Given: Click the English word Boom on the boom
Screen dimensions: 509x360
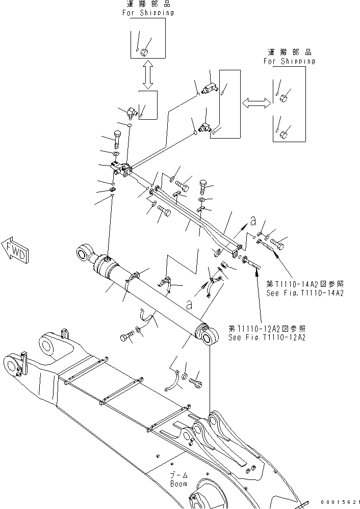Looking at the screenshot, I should coord(178,484).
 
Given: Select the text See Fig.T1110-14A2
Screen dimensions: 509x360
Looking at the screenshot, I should coord(305,293).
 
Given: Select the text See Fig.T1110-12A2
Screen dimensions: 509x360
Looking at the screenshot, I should coord(268,337).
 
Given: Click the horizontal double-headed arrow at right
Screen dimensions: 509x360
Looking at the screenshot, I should coord(255,103).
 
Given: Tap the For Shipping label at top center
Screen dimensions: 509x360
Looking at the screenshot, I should coord(147,13).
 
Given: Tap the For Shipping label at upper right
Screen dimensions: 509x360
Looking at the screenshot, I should coord(289,61).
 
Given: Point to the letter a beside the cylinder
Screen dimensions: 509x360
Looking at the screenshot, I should coord(189,305).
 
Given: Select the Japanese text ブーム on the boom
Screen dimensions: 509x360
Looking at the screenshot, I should coord(178,474).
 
